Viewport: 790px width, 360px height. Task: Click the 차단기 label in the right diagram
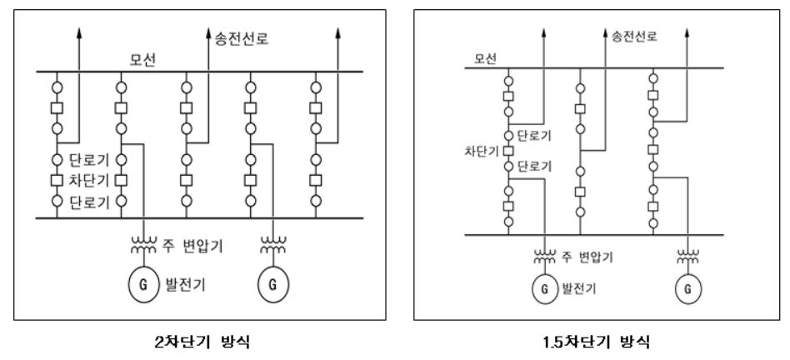pyautogui.click(x=478, y=153)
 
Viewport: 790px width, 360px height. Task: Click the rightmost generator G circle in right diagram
pyautogui.click(x=688, y=289)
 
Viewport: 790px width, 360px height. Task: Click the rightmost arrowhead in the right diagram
pyautogui.click(x=687, y=33)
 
